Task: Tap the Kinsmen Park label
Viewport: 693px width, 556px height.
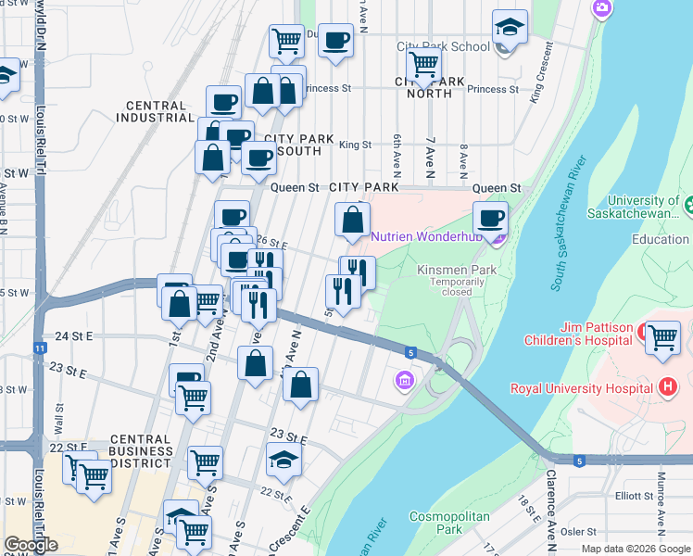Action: coord(457,270)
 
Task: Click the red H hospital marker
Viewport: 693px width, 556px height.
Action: coord(667,385)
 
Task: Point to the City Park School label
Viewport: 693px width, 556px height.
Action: coord(443,46)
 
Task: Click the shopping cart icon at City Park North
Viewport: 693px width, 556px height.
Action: coord(423,65)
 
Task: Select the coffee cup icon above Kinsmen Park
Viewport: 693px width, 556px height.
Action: coord(490,220)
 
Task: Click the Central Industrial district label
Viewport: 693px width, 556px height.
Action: coord(154,110)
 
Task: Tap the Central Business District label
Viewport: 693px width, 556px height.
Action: coord(141,451)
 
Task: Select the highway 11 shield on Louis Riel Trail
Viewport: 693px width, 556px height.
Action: coord(40,347)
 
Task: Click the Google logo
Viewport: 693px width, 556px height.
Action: coord(31,545)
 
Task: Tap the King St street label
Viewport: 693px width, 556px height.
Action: coord(355,145)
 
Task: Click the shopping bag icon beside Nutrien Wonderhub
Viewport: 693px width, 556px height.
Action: coord(352,221)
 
